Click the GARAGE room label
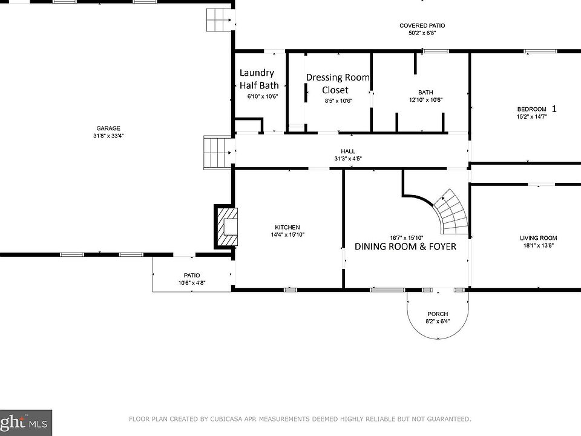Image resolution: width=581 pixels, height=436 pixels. pyautogui.click(x=108, y=128)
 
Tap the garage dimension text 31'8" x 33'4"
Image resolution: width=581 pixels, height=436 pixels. pyautogui.click(x=108, y=136)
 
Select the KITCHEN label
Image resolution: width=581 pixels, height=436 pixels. pyautogui.click(x=287, y=227)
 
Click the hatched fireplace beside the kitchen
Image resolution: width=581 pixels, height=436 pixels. pyautogui.click(x=226, y=226)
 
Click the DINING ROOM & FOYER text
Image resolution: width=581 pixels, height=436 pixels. pyautogui.click(x=405, y=246)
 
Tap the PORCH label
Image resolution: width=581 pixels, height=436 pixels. pyautogui.click(x=438, y=314)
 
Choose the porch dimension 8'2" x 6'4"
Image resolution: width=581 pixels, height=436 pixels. pyautogui.click(x=438, y=322)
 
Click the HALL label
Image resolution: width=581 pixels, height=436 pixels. pyautogui.click(x=348, y=151)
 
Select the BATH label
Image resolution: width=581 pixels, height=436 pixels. pyautogui.click(x=425, y=92)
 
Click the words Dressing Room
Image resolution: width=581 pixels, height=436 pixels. pyautogui.click(x=338, y=78)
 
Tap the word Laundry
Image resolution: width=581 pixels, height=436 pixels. pyautogui.click(x=257, y=73)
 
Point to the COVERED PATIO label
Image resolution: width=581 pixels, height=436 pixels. pyautogui.click(x=422, y=25)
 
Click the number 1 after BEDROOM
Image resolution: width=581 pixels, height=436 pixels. pyautogui.click(x=554, y=108)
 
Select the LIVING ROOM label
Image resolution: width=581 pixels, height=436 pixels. pyautogui.click(x=539, y=238)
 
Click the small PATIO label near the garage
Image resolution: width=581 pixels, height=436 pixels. pyautogui.click(x=192, y=276)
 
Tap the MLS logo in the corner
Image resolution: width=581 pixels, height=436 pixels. pyautogui.click(x=26, y=423)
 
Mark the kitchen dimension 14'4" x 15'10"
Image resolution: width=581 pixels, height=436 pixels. pyautogui.click(x=287, y=235)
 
